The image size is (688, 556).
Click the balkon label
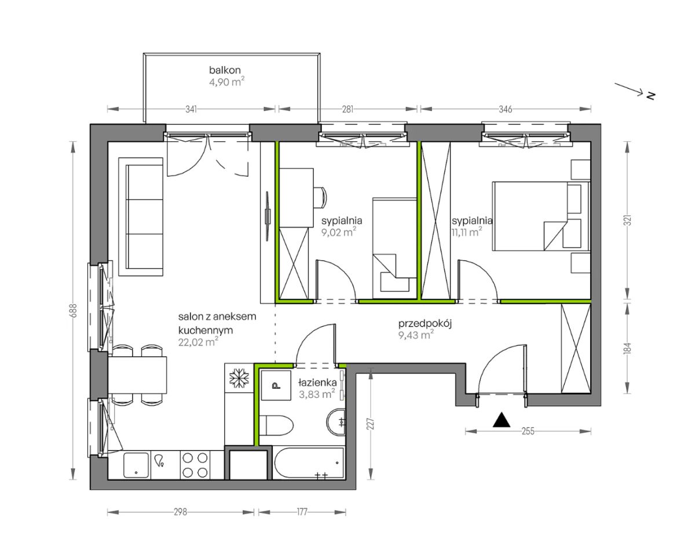tap(225, 69)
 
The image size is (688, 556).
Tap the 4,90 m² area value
tap(227, 82)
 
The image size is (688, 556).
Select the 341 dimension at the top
tap(191, 109)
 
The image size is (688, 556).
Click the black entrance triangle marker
tap(502, 420)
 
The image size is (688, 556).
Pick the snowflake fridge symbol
tap(239, 376)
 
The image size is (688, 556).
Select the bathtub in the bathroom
tap(309, 464)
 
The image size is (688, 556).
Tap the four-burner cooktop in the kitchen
tap(195, 464)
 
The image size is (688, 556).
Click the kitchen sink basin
tap(137, 465)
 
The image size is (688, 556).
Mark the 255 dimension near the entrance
tap(528, 431)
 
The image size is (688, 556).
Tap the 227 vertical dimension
tap(371, 424)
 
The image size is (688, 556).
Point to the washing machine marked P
tap(276, 385)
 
